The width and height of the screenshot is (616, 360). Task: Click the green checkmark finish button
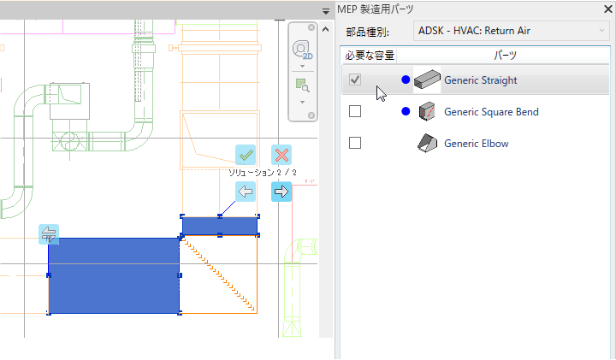(246, 155)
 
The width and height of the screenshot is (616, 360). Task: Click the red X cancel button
(281, 155)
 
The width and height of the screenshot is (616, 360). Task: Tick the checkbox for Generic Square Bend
(356, 112)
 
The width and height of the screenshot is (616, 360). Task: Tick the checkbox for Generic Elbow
(356, 143)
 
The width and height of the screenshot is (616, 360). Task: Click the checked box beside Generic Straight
(356, 80)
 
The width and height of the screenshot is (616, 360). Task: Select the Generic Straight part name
(480, 80)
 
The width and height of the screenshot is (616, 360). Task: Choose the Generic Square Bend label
(491, 112)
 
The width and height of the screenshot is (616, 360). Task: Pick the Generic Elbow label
(476, 144)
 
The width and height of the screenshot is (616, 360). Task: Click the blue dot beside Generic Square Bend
(406, 112)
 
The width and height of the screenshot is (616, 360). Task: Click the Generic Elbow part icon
(425, 144)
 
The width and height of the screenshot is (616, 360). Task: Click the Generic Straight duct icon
(425, 80)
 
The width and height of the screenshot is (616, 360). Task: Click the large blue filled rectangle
(113, 275)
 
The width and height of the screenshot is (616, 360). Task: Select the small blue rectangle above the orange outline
(220, 226)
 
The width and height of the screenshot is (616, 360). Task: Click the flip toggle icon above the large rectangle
(48, 233)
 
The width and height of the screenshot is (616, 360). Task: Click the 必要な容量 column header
(370, 55)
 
